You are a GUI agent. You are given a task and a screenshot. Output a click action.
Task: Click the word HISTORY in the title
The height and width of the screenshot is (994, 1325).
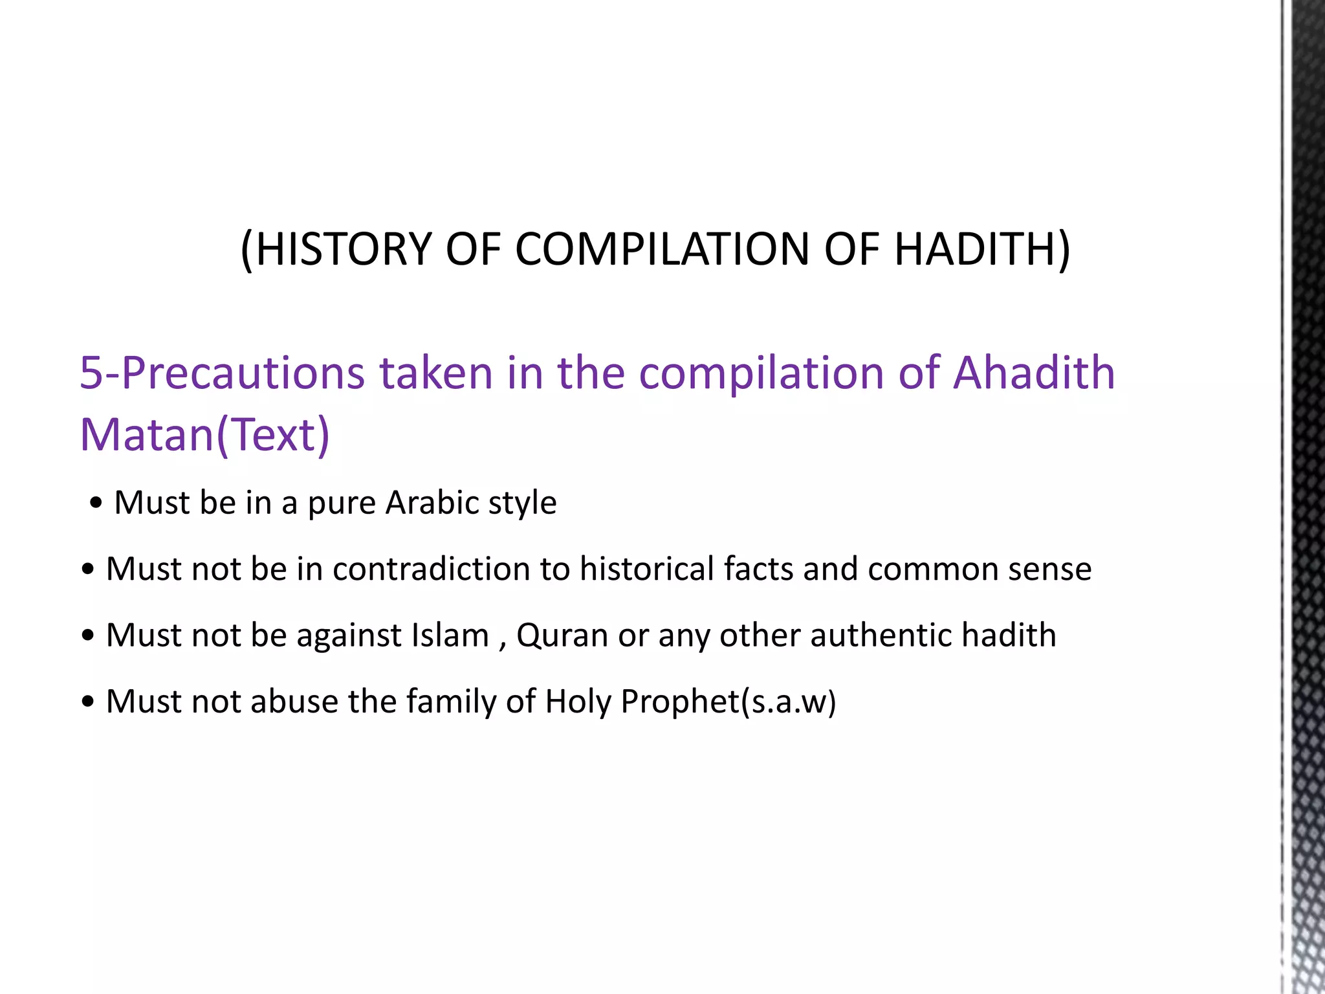(344, 249)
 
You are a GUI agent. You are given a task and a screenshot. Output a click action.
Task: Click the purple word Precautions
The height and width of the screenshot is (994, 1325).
(243, 373)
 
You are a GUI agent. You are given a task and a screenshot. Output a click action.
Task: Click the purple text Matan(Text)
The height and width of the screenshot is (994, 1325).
(204, 435)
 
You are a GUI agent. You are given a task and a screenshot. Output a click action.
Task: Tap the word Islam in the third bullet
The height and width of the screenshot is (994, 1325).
(450, 635)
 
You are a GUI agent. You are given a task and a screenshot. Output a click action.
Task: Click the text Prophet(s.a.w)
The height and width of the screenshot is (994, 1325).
(728, 701)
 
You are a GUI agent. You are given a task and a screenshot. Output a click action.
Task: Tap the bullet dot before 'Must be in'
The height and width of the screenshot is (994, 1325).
(96, 503)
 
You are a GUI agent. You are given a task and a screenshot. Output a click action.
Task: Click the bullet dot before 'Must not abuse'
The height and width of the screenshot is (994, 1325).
(89, 702)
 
